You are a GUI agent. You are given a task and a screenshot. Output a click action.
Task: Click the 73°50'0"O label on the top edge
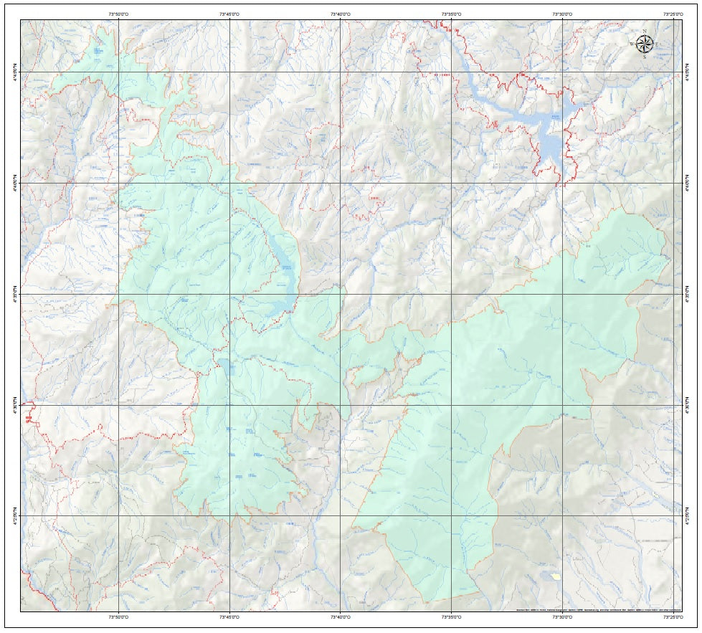[x=118, y=13]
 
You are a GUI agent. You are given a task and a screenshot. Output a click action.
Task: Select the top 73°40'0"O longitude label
[x=341, y=13]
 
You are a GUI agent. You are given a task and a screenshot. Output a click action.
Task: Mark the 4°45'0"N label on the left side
[x=15, y=72]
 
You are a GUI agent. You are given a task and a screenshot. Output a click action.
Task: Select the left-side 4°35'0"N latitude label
[x=15, y=294]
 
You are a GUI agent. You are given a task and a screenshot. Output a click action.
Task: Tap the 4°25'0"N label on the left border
[x=15, y=515]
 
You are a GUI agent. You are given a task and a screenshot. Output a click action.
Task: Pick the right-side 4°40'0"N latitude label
[x=687, y=183]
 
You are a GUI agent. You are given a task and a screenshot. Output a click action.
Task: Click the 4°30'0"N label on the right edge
[x=687, y=405]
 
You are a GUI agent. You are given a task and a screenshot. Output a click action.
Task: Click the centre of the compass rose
[x=645, y=44]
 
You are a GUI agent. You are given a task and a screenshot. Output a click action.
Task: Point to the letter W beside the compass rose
[x=632, y=44]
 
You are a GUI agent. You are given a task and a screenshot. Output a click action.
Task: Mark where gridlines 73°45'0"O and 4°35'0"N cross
[x=229, y=294]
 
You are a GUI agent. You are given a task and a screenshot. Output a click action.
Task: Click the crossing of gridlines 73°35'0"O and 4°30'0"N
[x=451, y=405]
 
